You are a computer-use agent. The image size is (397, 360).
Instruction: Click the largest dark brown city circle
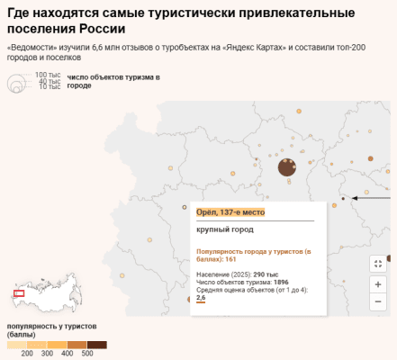point(286,166)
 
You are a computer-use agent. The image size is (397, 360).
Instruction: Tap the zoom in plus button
point(378,283)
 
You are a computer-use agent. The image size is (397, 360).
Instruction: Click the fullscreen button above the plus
point(378,264)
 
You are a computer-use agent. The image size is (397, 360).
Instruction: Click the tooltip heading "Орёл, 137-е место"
point(230,212)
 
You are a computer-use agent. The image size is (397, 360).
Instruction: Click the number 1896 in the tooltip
point(281,282)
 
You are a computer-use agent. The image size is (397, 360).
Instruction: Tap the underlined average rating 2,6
point(201,297)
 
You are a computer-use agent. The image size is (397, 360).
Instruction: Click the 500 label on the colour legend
point(86,353)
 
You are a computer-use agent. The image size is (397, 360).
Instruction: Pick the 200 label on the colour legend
point(27,353)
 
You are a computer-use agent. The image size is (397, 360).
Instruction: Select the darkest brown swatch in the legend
point(96,344)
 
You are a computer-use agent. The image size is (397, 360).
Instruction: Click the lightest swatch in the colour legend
point(16,344)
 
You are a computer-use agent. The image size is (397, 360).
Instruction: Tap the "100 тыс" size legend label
point(48,74)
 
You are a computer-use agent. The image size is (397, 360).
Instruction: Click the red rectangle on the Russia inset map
point(19,292)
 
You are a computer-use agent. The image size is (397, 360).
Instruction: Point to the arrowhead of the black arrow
point(355,197)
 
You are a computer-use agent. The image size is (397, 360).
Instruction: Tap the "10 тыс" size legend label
point(50,86)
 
